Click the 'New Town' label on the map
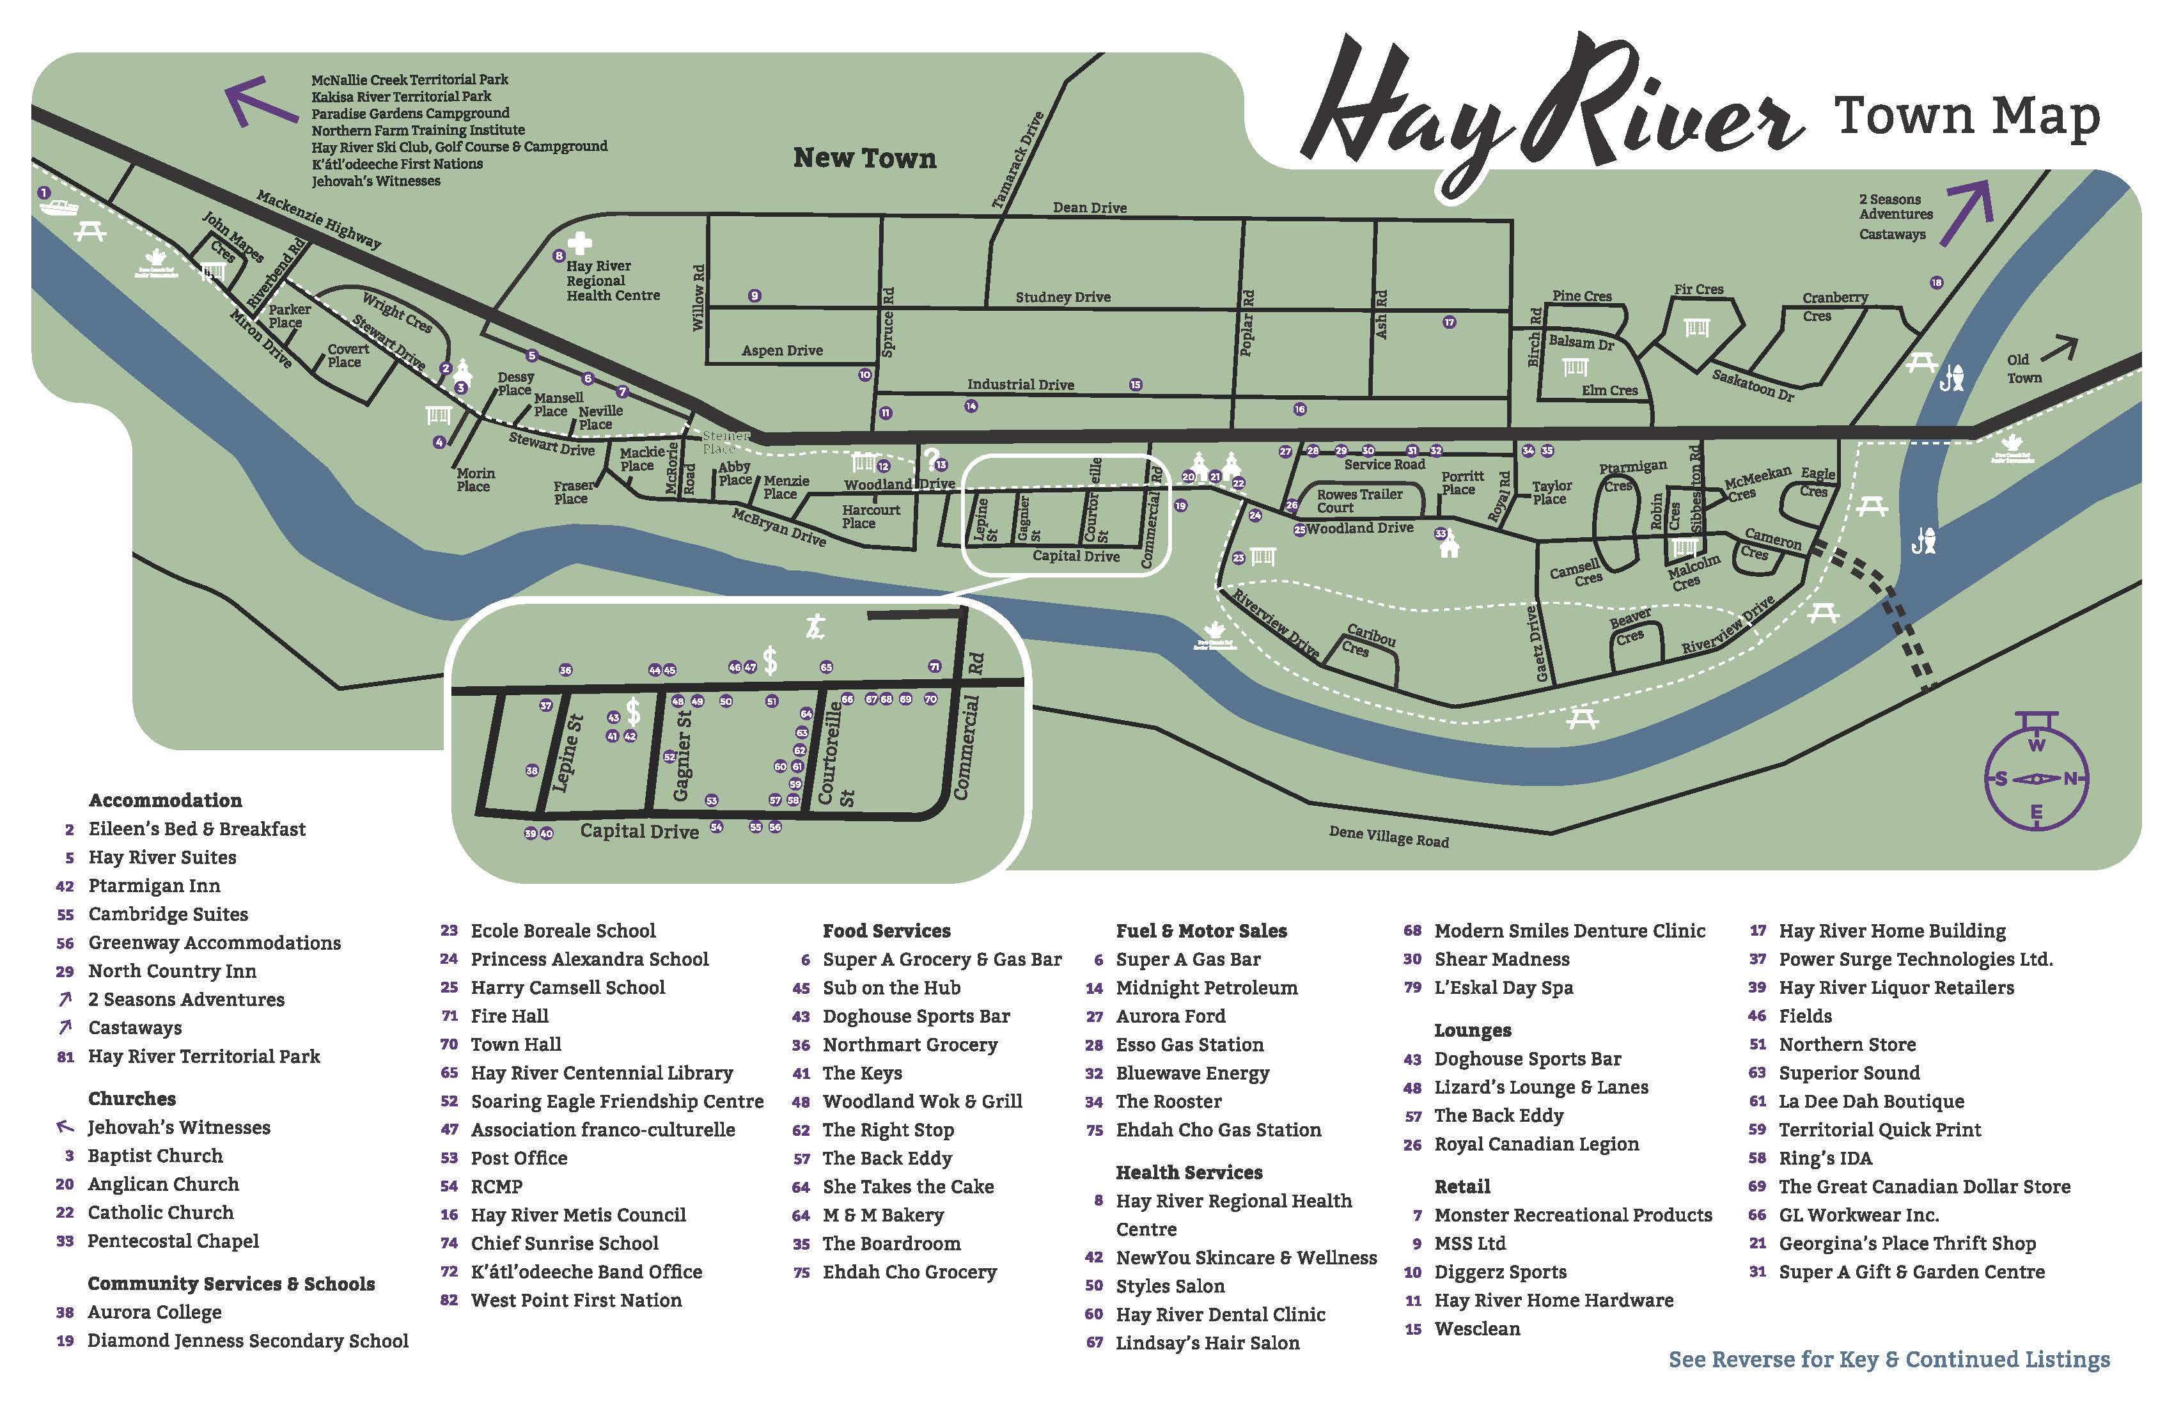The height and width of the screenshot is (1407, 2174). point(864,158)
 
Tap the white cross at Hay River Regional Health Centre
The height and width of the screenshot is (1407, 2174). point(579,243)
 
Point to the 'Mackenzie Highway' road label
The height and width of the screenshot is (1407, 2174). point(318,219)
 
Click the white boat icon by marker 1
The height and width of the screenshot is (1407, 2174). point(59,208)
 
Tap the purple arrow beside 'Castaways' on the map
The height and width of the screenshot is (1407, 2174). point(1969,214)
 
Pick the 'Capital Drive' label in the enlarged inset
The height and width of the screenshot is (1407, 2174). point(639,831)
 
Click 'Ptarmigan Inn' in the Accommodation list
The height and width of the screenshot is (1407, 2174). point(153,885)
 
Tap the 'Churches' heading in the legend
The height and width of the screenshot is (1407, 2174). point(132,1098)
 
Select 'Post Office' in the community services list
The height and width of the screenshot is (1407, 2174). point(518,1158)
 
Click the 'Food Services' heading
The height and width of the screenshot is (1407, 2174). point(886,930)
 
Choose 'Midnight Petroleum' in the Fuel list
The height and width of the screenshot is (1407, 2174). point(1206,987)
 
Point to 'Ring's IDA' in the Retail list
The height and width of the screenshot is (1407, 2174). point(1824,1158)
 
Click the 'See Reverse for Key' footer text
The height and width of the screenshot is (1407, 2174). point(1888,1360)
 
